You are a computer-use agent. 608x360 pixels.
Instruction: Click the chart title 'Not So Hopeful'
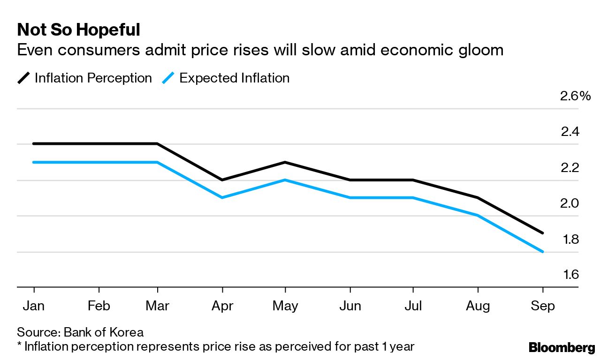coord(78,30)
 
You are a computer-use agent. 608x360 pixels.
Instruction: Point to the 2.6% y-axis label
coord(575,97)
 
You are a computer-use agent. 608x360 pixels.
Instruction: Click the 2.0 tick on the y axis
coord(570,204)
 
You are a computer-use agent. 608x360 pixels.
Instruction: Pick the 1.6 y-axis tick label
coord(570,275)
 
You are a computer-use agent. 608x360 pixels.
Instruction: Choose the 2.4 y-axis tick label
coord(570,132)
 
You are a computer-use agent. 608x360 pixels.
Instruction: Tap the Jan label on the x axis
coord(33,306)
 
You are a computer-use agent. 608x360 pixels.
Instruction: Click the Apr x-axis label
coord(222,306)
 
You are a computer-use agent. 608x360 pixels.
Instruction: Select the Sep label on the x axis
coord(543,306)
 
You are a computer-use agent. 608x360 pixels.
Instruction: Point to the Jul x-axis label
coord(413,306)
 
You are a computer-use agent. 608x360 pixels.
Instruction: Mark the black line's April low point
coord(222,180)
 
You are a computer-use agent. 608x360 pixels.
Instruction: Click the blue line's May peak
coord(285,180)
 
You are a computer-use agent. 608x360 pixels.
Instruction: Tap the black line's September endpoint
coord(543,233)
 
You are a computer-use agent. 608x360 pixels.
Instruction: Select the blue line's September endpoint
coord(543,252)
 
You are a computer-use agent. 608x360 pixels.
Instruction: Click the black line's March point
coord(157,144)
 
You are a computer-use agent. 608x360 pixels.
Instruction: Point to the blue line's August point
coord(478,216)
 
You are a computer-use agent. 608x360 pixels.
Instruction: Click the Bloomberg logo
coord(562,348)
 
